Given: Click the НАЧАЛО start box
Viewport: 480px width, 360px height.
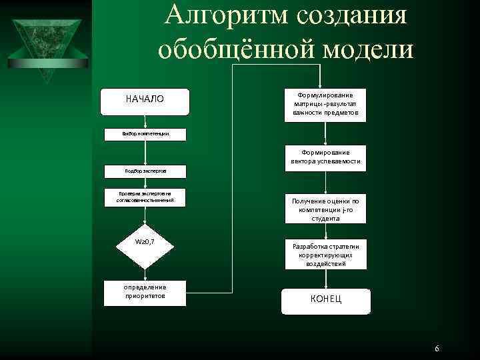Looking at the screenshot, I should tap(145, 99).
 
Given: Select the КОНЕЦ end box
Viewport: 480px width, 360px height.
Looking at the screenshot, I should tap(325, 299).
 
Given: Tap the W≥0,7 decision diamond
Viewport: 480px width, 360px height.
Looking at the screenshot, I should tap(145, 241).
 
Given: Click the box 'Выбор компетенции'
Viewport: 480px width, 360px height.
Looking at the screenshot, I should tap(145, 134).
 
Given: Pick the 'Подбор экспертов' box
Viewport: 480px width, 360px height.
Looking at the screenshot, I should tap(145, 171).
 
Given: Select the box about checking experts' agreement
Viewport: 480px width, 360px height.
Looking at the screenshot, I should tap(145, 197).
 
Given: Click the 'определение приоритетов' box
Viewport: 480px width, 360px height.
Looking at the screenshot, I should tap(145, 291).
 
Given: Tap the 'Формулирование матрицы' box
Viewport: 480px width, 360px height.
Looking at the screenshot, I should tap(325, 104).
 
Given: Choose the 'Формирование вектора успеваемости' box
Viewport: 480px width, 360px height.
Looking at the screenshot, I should tap(325, 157).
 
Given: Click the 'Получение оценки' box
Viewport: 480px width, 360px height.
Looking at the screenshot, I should tap(325, 209).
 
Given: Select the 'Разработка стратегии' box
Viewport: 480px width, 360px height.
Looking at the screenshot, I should tap(325, 255).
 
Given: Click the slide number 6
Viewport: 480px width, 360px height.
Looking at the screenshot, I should tap(436, 349).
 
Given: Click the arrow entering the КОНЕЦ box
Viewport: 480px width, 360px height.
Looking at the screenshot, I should tap(325, 279).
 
